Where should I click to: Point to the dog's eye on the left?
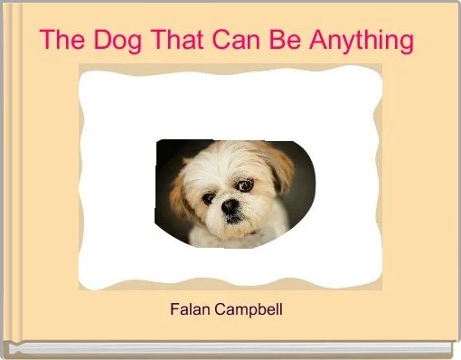[209, 197]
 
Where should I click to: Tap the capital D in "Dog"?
[97, 41]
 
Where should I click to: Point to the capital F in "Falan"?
[174, 309]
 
